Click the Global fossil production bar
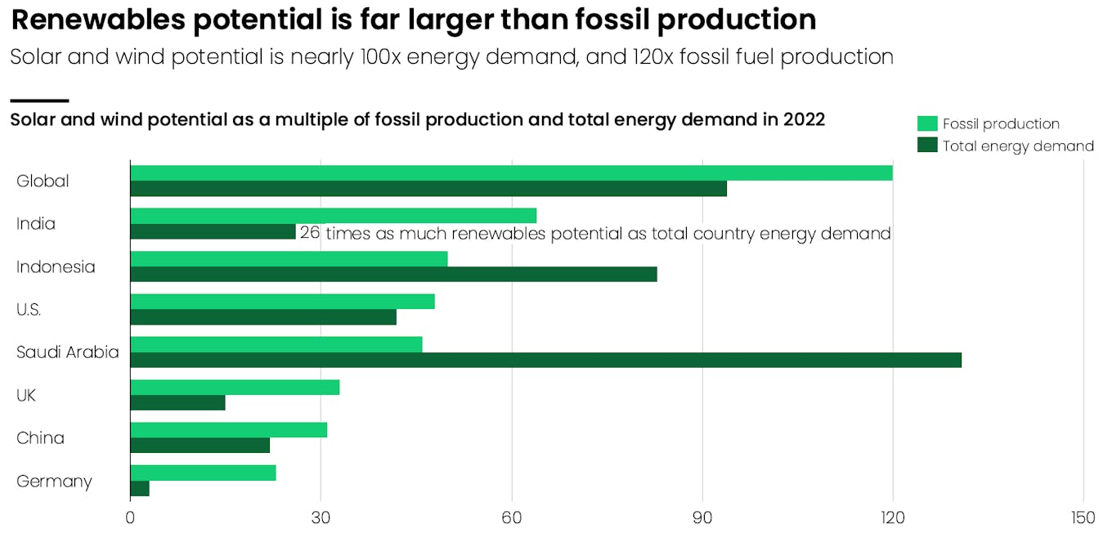pos(511,172)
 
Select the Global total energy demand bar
pos(428,189)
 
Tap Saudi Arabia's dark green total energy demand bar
pos(545,360)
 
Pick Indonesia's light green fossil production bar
pos(289,258)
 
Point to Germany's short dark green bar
pos(140,489)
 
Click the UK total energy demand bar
pos(177,403)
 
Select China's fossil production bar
pos(229,429)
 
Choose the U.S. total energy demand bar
pos(263,317)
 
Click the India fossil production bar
pos(333,215)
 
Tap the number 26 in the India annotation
pos(310,233)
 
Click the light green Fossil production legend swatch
pos(927,123)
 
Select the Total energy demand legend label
pos(1018,146)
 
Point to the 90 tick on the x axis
pos(702,517)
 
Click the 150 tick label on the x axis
pos(1083,517)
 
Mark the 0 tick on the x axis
pos(130,517)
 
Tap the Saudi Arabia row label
pos(68,352)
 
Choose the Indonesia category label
pos(56,267)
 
